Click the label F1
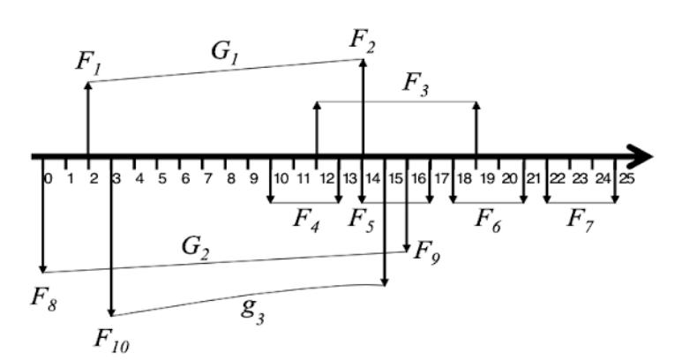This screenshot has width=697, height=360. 88,64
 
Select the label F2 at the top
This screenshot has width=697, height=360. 363,40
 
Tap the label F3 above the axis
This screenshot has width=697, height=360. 417,85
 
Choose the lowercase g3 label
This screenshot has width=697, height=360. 254,309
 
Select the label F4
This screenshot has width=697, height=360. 305,217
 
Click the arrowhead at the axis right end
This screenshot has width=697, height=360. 643,157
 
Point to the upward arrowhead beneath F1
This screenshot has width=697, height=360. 87,86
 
